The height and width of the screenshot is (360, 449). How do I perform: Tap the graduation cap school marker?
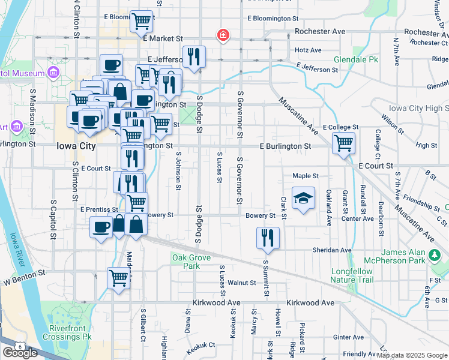click(x=303, y=199)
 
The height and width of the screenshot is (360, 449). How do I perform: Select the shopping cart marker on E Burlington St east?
click(x=343, y=143)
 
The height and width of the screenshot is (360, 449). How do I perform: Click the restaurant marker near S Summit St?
click(x=268, y=238)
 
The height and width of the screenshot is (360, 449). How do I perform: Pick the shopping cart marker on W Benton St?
click(x=118, y=278)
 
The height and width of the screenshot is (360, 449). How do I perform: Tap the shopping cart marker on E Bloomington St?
click(x=141, y=22)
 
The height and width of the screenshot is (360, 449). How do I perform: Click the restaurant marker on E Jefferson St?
click(x=194, y=58)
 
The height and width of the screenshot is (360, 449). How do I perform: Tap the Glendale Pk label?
click(x=357, y=60)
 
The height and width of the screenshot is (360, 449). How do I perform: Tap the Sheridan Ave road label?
click(x=331, y=250)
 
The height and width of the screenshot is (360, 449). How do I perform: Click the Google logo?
click(x=20, y=352)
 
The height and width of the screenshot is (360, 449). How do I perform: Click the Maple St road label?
click(x=305, y=176)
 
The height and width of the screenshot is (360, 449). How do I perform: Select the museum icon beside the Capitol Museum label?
click(x=53, y=73)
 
